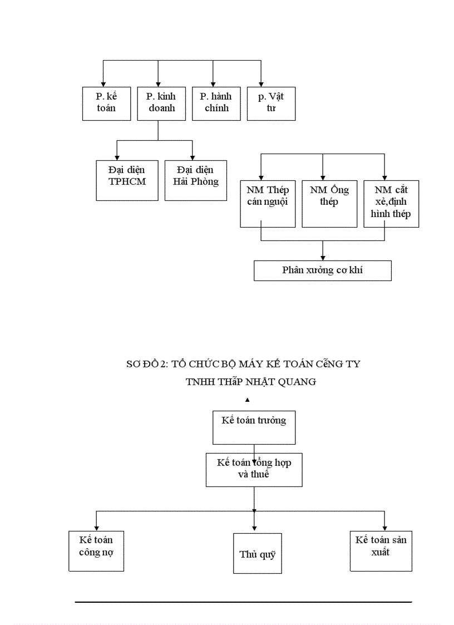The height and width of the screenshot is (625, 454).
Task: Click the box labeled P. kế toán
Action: tap(106, 104)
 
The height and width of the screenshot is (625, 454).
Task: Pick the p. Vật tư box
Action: tap(271, 104)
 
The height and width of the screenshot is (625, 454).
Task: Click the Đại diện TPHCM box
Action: tap(127, 180)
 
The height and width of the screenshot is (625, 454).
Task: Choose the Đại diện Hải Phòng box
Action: tap(196, 180)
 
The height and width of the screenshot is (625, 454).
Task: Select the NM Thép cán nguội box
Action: tap(268, 204)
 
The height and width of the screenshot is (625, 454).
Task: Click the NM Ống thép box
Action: tap(329, 204)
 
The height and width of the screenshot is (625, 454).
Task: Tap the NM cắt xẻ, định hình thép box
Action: tap(391, 204)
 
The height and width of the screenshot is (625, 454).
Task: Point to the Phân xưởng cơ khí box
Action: tap(323, 270)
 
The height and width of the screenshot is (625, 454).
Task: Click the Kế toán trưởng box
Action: tap(254, 427)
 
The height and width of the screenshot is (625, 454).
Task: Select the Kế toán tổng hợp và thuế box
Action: tap(254, 469)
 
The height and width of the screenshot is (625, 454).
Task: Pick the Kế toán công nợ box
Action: tap(96, 551)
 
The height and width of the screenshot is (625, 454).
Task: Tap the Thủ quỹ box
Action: tap(257, 554)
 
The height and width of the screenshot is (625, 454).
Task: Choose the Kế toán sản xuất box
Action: tap(381, 551)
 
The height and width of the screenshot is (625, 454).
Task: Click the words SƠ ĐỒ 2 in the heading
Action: tap(146, 364)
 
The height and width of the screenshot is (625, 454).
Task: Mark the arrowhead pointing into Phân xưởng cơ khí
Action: tap(323, 257)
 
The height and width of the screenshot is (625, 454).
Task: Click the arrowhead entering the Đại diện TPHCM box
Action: tap(117, 158)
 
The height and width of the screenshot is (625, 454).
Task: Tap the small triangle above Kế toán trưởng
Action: tap(247, 400)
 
